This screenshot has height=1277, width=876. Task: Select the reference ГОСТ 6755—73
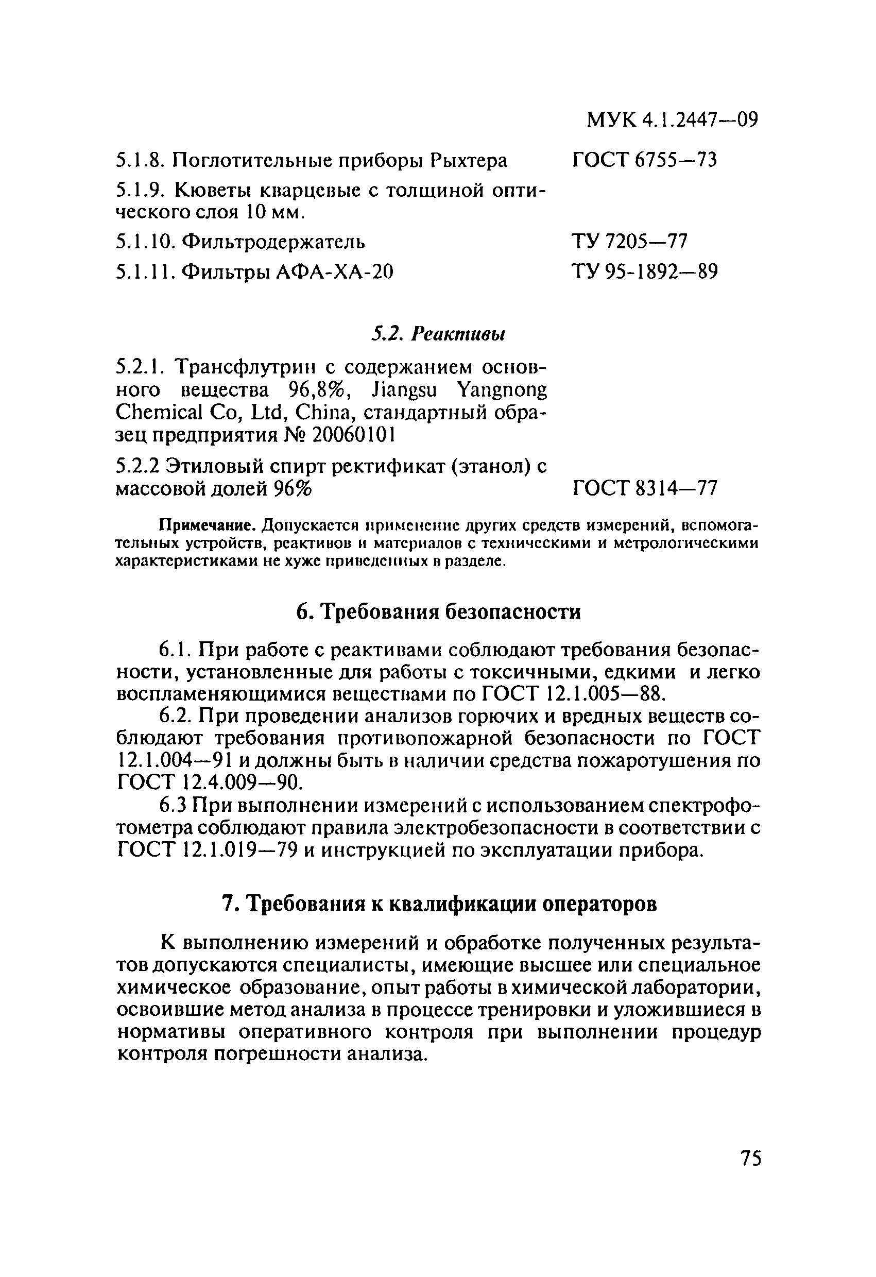pyautogui.click(x=645, y=160)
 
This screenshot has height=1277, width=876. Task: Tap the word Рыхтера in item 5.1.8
pyautogui.click(x=469, y=160)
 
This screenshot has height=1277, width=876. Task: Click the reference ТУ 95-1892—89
pyautogui.click(x=645, y=271)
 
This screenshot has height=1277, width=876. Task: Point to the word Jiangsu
pyautogui.click(x=404, y=390)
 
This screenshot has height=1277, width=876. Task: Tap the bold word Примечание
pyautogui.click(x=208, y=526)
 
